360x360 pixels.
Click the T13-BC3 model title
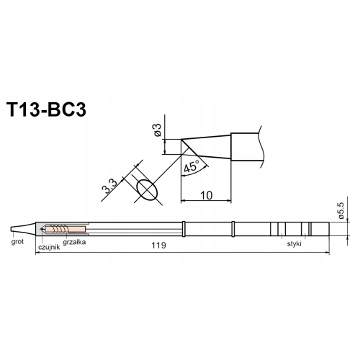47,109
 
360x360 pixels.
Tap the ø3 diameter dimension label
158,130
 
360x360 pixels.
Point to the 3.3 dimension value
109,186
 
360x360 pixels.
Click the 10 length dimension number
206,195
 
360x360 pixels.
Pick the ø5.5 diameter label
341,210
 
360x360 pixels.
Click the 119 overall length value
158,246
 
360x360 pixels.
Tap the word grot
17,242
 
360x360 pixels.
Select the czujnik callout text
49,247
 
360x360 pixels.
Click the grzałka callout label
74,242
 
